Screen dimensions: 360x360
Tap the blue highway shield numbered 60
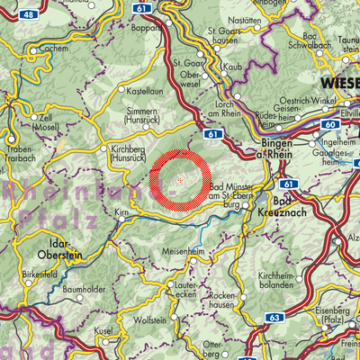pos(330,122)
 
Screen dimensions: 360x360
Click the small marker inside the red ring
pos(180,180)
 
